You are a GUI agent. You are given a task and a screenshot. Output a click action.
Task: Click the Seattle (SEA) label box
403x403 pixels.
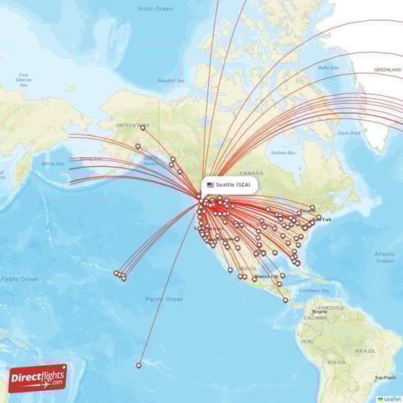click(229, 185)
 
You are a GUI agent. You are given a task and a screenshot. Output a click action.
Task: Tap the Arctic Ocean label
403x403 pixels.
click(155, 8)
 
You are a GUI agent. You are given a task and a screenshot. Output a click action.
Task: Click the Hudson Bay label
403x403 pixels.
click(284, 152)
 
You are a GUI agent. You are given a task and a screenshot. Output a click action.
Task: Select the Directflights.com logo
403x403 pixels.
click(38, 377)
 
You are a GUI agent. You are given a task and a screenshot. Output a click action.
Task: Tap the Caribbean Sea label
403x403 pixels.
click(315, 290)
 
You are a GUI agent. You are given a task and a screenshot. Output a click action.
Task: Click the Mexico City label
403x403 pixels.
click(267, 276)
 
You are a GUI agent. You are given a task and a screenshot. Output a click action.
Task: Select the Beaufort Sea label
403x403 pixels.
click(171, 80)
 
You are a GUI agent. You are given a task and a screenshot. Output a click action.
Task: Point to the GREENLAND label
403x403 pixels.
click(388, 70)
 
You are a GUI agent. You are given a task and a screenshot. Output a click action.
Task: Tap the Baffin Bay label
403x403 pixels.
click(329, 68)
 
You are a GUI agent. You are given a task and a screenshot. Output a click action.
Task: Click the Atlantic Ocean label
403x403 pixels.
click(384, 257)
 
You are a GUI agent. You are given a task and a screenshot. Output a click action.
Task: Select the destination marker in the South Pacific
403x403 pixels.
click(139, 365)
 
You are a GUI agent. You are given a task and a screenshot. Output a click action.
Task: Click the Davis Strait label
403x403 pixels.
click(349, 132)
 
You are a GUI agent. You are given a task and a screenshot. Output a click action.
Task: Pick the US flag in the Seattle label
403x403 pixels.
click(210, 185)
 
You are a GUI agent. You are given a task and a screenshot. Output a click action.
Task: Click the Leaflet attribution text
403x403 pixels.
click(392, 399)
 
